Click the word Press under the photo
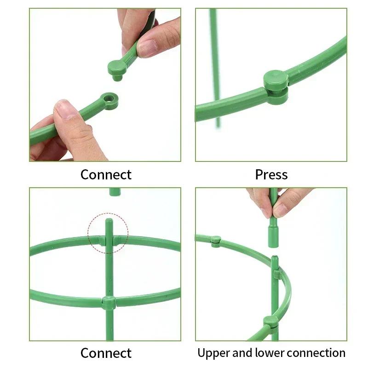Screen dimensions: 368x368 pos(271,175)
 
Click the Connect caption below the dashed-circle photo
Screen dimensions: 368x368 pos(106,353)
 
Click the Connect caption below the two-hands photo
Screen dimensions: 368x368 pos(106,175)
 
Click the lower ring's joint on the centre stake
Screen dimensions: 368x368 pos(109,303)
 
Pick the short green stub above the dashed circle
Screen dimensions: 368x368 pos(115,191)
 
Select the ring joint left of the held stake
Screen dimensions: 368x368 pos(216,241)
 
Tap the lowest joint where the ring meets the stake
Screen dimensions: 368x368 pos(270,322)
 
